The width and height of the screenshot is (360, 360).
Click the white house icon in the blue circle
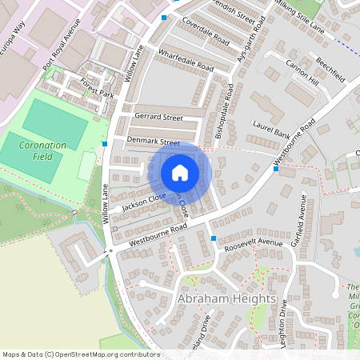coord(180,172)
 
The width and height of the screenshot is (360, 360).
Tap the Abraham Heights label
coord(226,299)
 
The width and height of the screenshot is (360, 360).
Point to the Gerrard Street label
coord(158,117)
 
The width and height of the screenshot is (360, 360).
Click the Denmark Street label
coord(153,142)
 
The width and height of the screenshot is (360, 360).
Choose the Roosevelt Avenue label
coord(254,242)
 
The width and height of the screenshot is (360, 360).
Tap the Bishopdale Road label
coord(228,110)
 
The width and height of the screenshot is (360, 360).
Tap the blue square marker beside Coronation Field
coord(104,144)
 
